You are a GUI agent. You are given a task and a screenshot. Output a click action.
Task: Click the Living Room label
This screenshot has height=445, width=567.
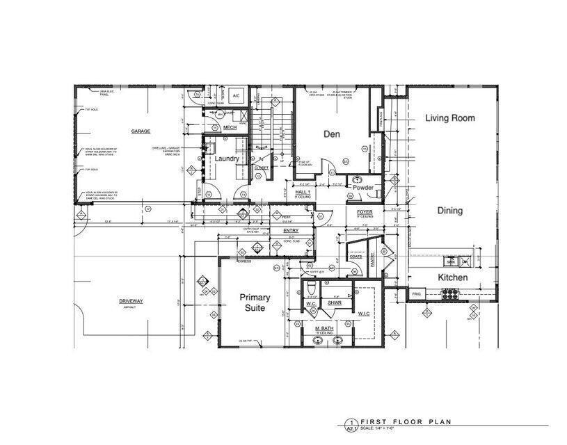click(450, 118)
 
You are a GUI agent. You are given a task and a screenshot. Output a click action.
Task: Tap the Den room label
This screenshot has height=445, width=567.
click(331, 133)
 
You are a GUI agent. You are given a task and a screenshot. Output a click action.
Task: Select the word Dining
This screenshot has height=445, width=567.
click(450, 211)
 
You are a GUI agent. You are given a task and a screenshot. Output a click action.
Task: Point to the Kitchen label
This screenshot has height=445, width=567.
click(452, 277)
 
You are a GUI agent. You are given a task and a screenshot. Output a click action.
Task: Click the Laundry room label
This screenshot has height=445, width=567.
click(227, 159)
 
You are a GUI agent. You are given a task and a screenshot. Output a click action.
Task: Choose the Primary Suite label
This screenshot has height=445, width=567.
click(255, 302)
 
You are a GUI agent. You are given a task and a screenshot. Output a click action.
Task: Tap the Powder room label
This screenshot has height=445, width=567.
click(363, 188)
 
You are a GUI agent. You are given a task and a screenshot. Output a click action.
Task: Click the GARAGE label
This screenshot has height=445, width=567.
click(141, 131)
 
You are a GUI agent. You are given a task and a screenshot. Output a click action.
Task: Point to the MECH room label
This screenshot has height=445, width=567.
click(230, 128)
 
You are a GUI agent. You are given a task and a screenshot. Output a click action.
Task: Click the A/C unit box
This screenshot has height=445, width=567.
click(236, 95)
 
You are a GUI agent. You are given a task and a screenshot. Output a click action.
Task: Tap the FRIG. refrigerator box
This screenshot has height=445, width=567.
click(417, 294)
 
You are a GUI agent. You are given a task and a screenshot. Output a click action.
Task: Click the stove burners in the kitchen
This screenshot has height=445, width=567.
click(452, 294)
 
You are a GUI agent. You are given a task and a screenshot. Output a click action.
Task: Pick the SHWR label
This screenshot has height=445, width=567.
click(335, 304)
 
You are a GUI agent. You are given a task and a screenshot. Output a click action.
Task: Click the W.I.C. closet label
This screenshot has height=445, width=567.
click(364, 313)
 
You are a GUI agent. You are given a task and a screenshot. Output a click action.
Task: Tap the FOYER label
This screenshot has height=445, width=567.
click(365, 211)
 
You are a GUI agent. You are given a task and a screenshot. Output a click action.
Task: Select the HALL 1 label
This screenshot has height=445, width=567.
click(302, 191)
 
